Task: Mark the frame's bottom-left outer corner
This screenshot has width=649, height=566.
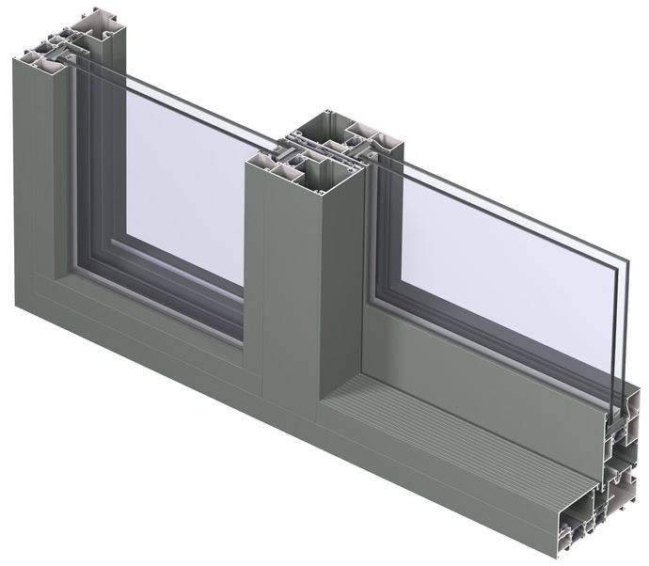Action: coord(16,307)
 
